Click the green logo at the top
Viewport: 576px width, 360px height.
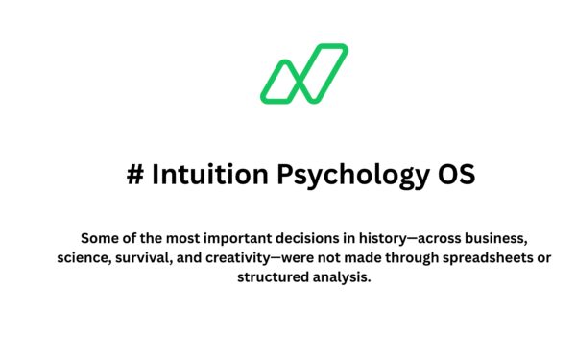pyautogui.click(x=303, y=73)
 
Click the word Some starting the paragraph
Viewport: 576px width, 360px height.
pyautogui.click(x=99, y=237)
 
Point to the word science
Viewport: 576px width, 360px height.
pyautogui.click(x=82, y=257)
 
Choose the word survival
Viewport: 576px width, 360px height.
pyautogui.click(x=145, y=257)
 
